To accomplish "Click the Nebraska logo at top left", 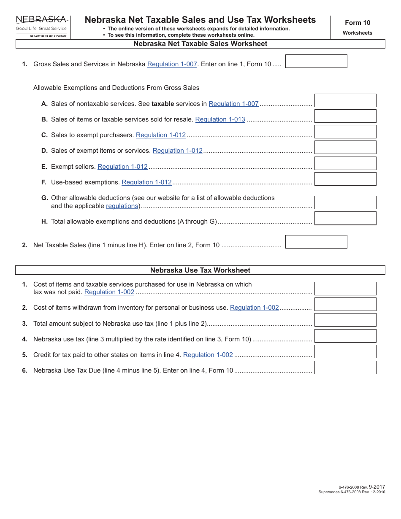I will click(41, 26).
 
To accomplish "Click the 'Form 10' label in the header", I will click(357, 23).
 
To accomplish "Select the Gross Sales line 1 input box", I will click(316, 61).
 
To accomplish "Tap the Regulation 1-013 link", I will click(220, 119).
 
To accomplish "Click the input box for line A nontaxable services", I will click(345, 100).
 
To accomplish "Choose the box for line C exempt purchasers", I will click(345, 132).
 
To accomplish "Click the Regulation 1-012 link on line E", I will click(122, 167).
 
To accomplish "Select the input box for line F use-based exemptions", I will click(345, 179).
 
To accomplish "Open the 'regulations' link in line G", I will click(122, 206).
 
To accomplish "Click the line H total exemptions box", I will click(345, 219).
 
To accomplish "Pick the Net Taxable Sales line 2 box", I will click(316, 242).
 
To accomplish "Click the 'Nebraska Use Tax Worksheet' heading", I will click(200, 270).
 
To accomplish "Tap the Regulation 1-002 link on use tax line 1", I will click(109, 292).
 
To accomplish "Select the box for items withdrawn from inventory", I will click(345, 304).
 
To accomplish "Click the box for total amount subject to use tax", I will click(345, 320).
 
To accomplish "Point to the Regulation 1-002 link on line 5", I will click(208, 355).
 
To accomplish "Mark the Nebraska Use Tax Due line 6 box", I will click(345, 368).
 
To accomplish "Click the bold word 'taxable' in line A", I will click(163, 104).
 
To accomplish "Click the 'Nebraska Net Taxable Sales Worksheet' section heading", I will click(200, 43).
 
